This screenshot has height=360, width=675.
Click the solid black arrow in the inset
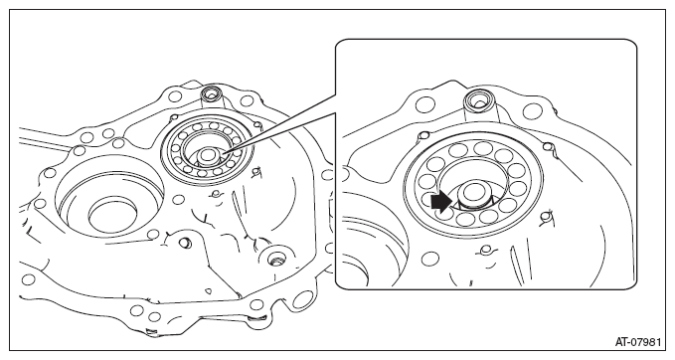click(x=441, y=201)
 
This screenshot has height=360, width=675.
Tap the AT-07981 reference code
click(x=637, y=342)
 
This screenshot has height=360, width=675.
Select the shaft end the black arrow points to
click(x=473, y=193)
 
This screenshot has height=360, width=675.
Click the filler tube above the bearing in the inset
click(x=479, y=103)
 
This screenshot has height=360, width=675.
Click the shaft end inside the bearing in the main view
click(x=210, y=155)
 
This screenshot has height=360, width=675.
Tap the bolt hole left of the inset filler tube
click(x=426, y=104)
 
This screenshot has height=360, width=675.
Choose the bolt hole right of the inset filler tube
click(x=532, y=112)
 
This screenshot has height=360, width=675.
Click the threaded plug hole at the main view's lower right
click(x=274, y=259)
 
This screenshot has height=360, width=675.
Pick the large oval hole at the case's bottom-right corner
click(x=303, y=299)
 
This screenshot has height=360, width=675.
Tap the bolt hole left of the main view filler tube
click(x=175, y=95)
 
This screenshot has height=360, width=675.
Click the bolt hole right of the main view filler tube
click(x=247, y=101)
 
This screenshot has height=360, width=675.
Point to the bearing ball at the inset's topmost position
click(x=483, y=148)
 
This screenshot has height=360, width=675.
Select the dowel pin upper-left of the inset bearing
click(x=423, y=136)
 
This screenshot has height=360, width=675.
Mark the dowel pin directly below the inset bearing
click(x=485, y=250)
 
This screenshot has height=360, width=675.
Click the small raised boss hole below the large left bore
click(x=185, y=243)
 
